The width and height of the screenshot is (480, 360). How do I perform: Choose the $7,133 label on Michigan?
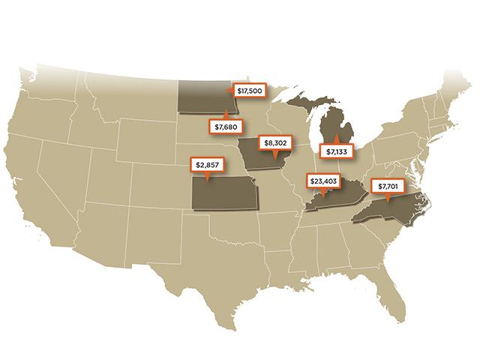(x=337, y=150)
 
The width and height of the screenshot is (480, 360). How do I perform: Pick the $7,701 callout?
(x=387, y=185)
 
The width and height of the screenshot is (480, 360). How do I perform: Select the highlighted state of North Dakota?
(x=204, y=97)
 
